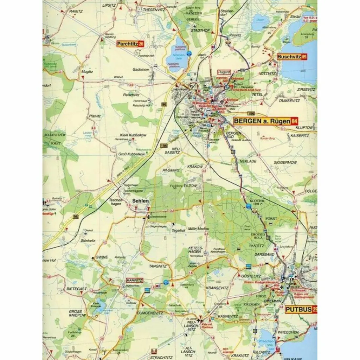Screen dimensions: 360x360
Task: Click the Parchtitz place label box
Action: pyautogui.click(x=130, y=44)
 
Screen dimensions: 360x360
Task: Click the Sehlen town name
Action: pyautogui.click(x=140, y=201)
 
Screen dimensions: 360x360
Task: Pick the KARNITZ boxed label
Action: pyautogui.click(x=134, y=280)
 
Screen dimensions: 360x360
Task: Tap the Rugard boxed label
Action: pyautogui.click(x=224, y=72)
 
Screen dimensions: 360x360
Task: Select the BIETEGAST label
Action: pyautogui.click(x=76, y=289)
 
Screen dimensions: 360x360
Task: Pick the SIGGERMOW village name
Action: pyautogui.click(x=285, y=162)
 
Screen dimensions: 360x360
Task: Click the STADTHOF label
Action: pyautogui.click(x=200, y=31)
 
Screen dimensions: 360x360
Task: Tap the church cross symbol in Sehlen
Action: pyautogui.click(x=149, y=217)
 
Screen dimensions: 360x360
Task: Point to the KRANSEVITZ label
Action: pyautogui.click(x=217, y=288)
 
